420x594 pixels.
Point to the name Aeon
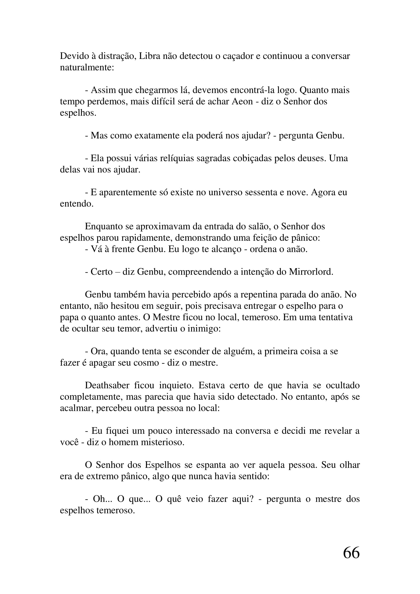(242, 101)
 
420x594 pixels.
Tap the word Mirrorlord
(311, 272)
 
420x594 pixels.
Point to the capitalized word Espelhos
(163, 465)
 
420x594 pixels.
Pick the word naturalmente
(87, 67)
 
